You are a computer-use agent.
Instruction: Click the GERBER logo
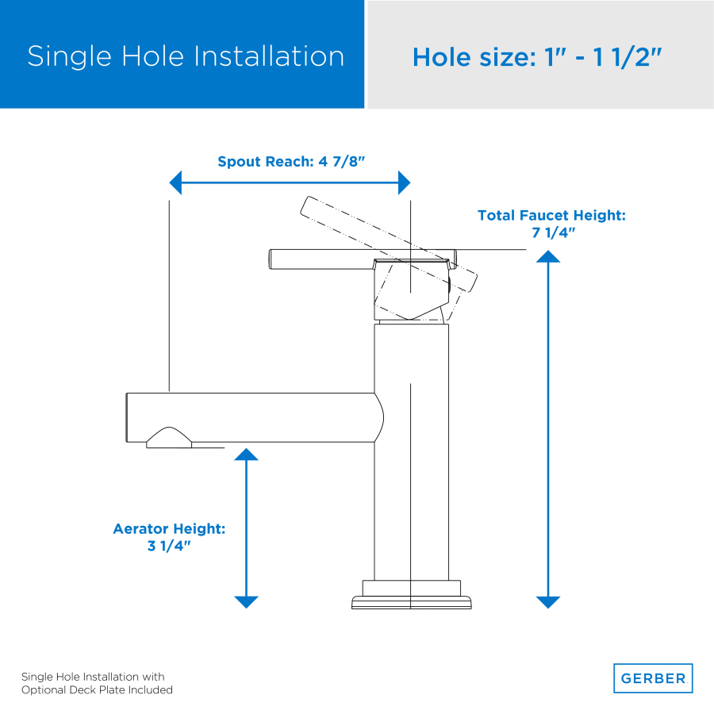[653, 678]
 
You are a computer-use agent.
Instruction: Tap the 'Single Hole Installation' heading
[186, 56]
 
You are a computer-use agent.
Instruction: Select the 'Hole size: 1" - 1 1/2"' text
[537, 57]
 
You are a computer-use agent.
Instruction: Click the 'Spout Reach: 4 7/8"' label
[291, 161]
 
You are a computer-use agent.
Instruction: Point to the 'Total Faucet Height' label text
[551, 215]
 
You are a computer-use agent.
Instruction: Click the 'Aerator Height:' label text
[169, 528]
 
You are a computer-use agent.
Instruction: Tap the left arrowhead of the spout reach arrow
[176, 182]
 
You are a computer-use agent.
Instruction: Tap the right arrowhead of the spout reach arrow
[404, 182]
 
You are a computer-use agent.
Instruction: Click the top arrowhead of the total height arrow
[547, 256]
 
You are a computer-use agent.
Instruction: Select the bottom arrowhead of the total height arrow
[547, 602]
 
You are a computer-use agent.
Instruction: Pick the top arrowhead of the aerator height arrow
[247, 454]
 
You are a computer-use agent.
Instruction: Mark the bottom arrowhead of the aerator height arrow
[247, 602]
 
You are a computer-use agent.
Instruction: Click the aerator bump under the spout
[169, 438]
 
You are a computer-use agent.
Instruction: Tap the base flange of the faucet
[411, 595]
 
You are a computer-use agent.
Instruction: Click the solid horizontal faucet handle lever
[362, 259]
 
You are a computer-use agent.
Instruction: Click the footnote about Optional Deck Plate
[97, 683]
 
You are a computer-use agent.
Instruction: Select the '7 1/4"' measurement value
[553, 232]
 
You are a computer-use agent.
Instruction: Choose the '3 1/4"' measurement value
[169, 546]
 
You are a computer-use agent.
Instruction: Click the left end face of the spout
[127, 417]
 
